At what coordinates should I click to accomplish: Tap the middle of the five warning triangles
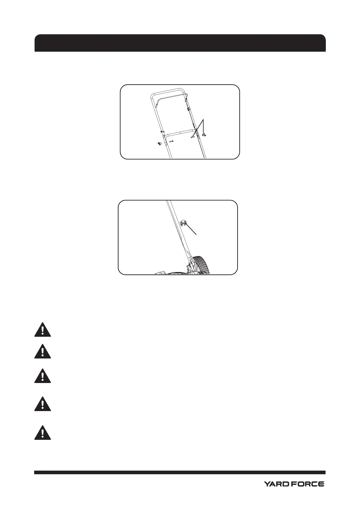tap(43, 377)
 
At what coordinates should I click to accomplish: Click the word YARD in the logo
tap(275, 493)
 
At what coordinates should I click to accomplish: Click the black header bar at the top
tap(180, 43)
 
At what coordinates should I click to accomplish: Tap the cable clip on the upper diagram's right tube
tap(188, 108)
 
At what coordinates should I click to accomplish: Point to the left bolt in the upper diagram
tap(171, 141)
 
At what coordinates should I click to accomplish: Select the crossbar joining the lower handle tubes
tap(178, 132)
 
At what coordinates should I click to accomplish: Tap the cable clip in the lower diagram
tap(183, 223)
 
